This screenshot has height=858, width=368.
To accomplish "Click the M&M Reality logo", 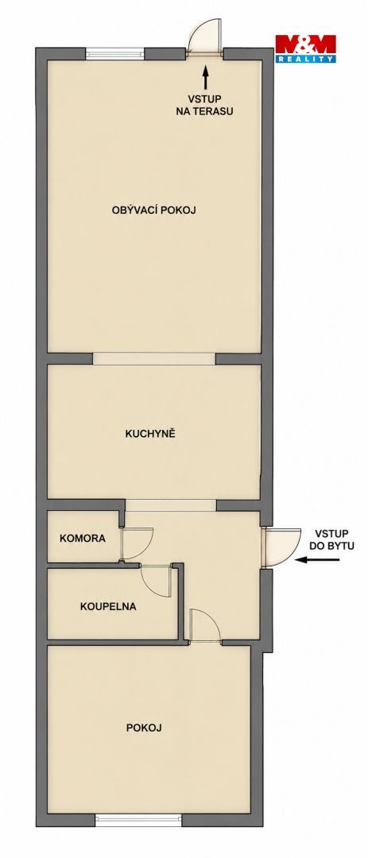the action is [x=305, y=48].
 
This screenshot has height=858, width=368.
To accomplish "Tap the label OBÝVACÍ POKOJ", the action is [x=154, y=210].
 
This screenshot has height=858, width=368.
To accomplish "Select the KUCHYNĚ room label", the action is [x=149, y=434].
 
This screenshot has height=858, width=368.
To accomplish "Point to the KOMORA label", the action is [x=83, y=538].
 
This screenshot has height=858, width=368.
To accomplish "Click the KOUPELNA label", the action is [x=108, y=606].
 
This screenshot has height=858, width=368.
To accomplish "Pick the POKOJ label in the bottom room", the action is [x=144, y=728].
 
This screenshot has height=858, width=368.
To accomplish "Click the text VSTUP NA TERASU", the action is [x=205, y=105].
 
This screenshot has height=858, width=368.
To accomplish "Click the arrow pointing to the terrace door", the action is [x=205, y=77].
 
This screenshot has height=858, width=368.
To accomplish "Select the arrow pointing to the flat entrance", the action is [x=318, y=560].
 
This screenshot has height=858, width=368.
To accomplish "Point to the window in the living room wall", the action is [x=115, y=54].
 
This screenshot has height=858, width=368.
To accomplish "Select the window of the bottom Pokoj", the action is [x=138, y=820].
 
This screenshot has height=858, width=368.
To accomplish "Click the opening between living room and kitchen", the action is [x=154, y=359].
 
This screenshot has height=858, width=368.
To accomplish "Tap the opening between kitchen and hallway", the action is [x=171, y=505].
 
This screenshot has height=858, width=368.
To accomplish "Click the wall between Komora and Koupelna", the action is [x=93, y=566].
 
